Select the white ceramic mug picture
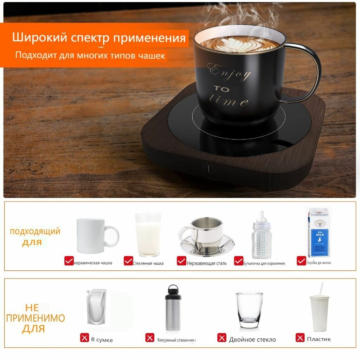97,236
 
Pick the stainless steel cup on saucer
206,236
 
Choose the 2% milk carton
319,232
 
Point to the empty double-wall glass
249,309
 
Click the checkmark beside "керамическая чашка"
69,261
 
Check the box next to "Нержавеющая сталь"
181,261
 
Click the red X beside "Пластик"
300,338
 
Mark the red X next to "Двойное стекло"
222,338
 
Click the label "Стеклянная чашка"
148,263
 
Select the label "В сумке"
102,340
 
